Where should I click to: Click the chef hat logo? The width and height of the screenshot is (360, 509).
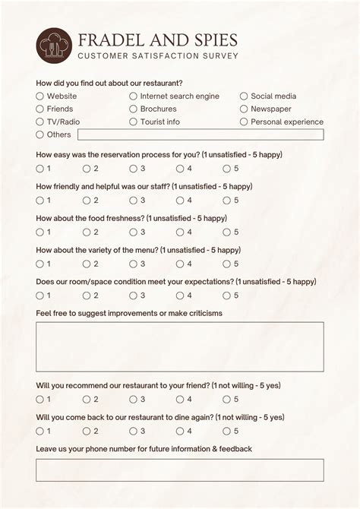click(x=53, y=46)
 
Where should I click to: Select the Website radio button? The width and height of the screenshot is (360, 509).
click(x=40, y=96)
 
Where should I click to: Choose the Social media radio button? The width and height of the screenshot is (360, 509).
click(x=244, y=96)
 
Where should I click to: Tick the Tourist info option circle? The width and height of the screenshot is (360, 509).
click(x=133, y=122)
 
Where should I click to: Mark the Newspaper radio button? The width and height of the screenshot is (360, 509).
click(x=244, y=109)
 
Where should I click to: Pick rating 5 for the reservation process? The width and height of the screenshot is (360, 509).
click(x=226, y=169)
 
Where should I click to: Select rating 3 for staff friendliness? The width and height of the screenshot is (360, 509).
click(x=133, y=201)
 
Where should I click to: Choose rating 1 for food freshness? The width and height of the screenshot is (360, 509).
click(x=40, y=232)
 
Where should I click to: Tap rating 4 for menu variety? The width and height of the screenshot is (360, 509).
click(x=180, y=264)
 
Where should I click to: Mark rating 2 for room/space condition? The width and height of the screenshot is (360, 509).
click(x=87, y=296)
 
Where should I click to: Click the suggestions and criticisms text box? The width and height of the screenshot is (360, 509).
click(x=179, y=347)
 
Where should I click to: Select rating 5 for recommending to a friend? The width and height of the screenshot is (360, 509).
click(x=226, y=400)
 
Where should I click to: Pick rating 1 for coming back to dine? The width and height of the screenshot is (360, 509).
click(x=40, y=432)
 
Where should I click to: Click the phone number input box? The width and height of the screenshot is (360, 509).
click(x=179, y=470)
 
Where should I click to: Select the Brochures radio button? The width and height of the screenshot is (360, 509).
click(x=133, y=109)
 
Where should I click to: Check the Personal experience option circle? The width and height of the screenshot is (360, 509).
click(x=244, y=122)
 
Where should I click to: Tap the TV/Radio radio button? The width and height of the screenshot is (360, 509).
click(x=40, y=122)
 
